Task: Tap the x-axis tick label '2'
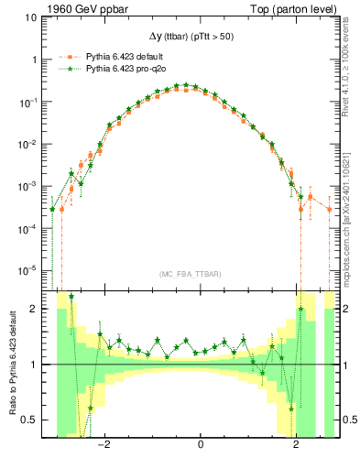(295, 445)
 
